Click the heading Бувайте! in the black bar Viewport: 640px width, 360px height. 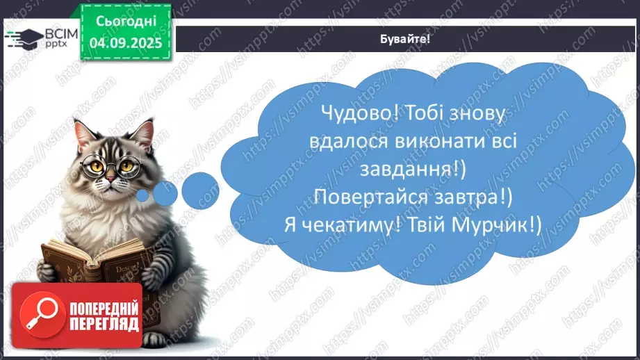tap(406, 39)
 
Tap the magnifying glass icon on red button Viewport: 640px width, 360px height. tap(40, 316)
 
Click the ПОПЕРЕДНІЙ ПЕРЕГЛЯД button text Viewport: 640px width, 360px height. tap(104, 317)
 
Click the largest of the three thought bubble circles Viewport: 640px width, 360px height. tap(200, 188)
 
